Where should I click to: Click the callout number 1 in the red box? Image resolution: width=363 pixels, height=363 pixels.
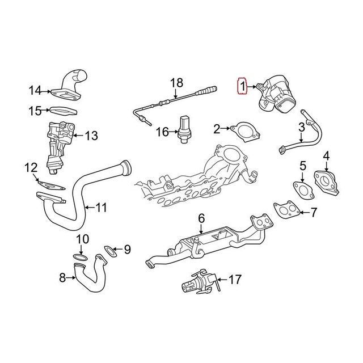click(242, 87)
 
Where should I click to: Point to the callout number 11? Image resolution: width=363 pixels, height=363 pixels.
click(100, 208)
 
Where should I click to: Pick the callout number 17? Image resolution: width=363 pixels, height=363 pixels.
click(237, 279)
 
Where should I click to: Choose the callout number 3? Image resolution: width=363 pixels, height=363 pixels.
click(303, 128)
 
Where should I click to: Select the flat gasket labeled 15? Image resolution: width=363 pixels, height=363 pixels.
click(64, 109)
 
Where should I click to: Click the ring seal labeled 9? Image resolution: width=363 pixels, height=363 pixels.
click(108, 251)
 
